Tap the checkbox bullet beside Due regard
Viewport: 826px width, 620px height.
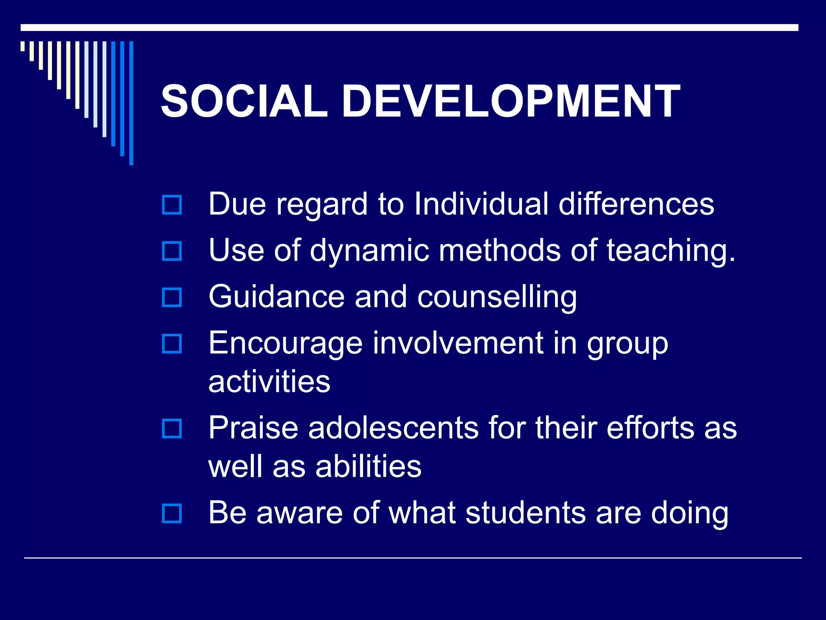pyautogui.click(x=172, y=205)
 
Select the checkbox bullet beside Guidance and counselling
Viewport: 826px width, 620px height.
pyautogui.click(x=172, y=297)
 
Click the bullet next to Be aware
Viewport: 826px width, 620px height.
pyautogui.click(x=172, y=513)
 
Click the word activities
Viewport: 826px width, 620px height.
pyautogui.click(x=269, y=381)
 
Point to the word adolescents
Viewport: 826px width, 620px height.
pyautogui.click(x=393, y=428)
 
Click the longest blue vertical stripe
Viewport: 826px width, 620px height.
pyautogui.click(x=131, y=103)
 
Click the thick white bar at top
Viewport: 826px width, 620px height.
pyautogui.click(x=409, y=27)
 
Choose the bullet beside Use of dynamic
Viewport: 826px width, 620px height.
pyautogui.click(x=172, y=251)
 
